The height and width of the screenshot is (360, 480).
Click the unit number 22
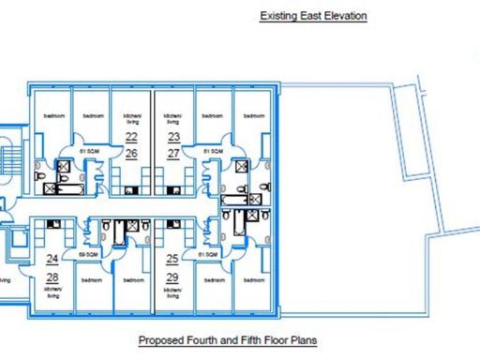[x=131, y=137]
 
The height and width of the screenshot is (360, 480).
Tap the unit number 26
[x=131, y=152]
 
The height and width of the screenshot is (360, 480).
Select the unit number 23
[x=173, y=137]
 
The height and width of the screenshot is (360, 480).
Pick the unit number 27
[x=173, y=152]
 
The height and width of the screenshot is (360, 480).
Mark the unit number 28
[x=52, y=277]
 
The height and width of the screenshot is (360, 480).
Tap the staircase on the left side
[x=11, y=155]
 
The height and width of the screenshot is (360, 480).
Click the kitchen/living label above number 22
[x=131, y=119]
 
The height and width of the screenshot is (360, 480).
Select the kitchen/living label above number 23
[x=173, y=119]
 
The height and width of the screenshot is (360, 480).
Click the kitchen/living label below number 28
[x=52, y=292]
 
